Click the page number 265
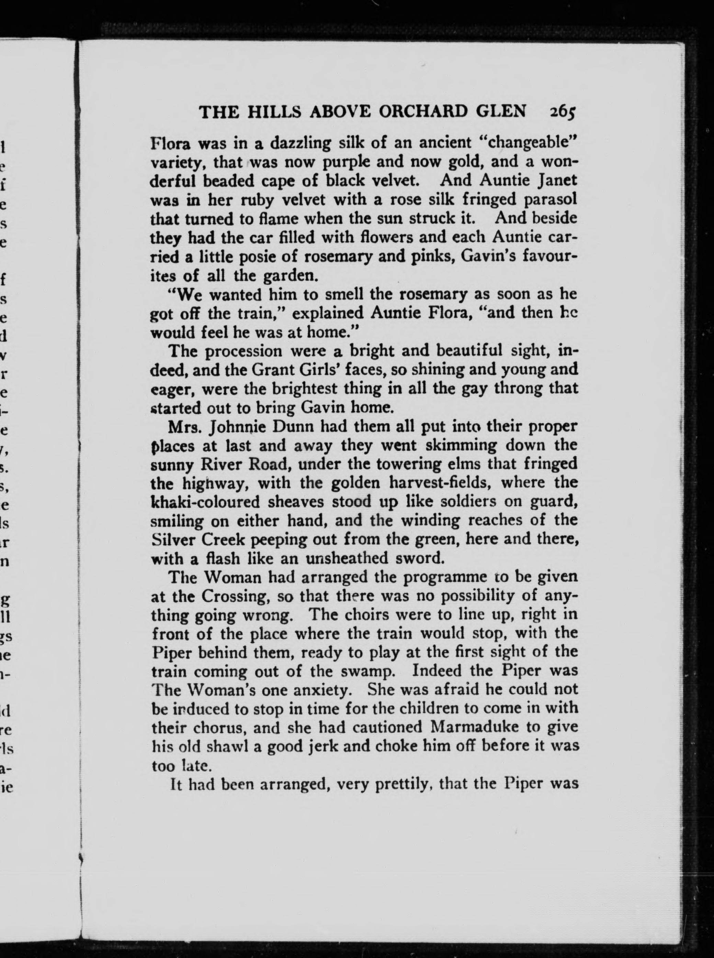click(563, 112)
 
